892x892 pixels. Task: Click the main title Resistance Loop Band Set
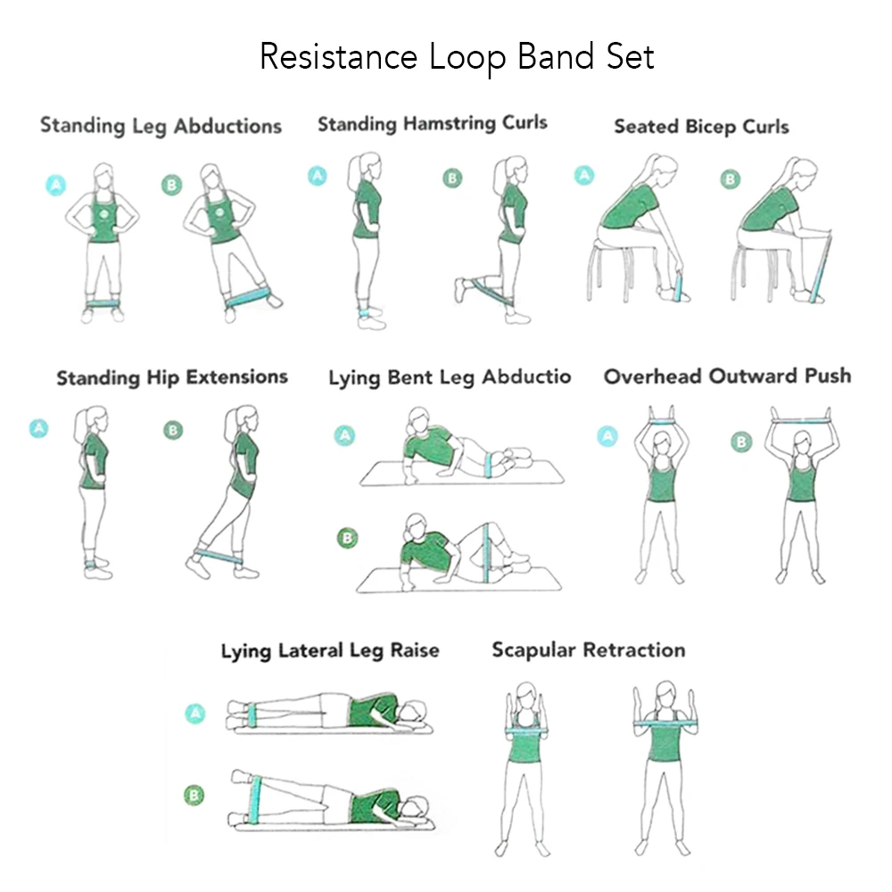tap(456, 57)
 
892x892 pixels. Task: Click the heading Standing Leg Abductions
tap(161, 125)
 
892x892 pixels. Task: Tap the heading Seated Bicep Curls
tap(701, 127)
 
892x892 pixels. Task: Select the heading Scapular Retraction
tap(589, 649)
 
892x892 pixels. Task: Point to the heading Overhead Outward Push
tap(727, 376)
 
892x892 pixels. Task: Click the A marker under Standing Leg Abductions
tap(55, 185)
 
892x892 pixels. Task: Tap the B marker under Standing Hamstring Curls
tap(453, 178)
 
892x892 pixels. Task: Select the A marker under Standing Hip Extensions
tap(38, 428)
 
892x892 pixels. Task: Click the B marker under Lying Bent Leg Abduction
tap(348, 538)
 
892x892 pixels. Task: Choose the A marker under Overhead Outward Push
tap(607, 435)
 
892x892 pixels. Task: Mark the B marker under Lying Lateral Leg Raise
tap(193, 793)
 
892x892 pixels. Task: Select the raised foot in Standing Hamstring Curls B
tap(460, 290)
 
